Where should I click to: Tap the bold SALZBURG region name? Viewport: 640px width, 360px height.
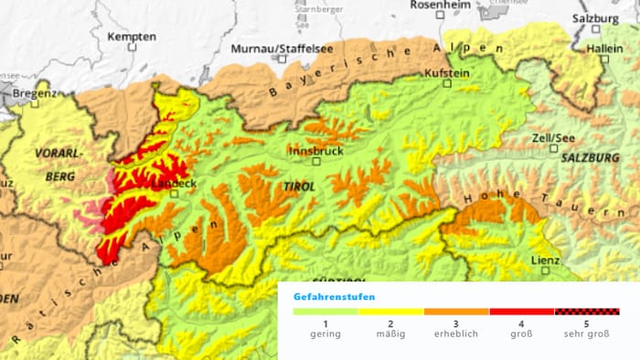591,158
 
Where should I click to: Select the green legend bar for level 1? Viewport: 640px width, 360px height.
325,312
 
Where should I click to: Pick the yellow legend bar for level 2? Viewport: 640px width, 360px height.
390,312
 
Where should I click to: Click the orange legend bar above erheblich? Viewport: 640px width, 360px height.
456,312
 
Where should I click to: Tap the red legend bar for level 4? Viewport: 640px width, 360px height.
521,312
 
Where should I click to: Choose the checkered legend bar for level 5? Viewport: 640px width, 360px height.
587,312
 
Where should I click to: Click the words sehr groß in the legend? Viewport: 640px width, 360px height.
587,334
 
